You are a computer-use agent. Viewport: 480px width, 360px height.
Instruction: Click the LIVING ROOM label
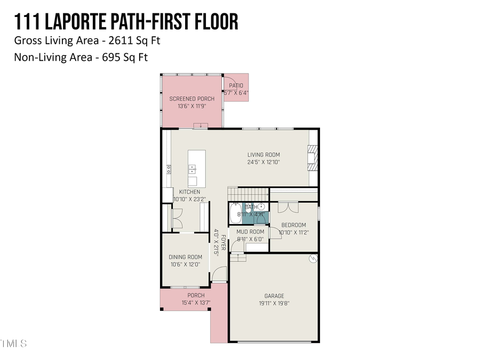point(263,155)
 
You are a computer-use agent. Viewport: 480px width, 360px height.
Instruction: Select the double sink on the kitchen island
point(191,169)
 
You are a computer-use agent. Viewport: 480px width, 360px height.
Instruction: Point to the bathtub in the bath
point(235,214)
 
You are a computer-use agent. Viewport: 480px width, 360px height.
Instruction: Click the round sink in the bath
point(261,207)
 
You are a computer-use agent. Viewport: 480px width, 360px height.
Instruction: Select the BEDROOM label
point(293,225)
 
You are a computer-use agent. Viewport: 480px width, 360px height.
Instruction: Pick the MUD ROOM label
point(250,232)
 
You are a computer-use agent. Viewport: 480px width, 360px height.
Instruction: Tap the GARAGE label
point(274,296)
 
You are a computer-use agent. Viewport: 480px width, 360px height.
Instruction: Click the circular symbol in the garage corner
point(313,259)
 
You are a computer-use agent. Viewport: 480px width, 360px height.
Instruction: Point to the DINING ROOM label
point(185,257)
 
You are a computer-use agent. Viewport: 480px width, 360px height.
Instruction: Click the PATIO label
point(236,85)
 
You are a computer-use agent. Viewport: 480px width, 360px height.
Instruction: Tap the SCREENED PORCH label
point(191,99)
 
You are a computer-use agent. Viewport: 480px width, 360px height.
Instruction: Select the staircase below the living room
point(247,193)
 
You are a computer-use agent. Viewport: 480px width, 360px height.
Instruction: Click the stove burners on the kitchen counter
point(169,170)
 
